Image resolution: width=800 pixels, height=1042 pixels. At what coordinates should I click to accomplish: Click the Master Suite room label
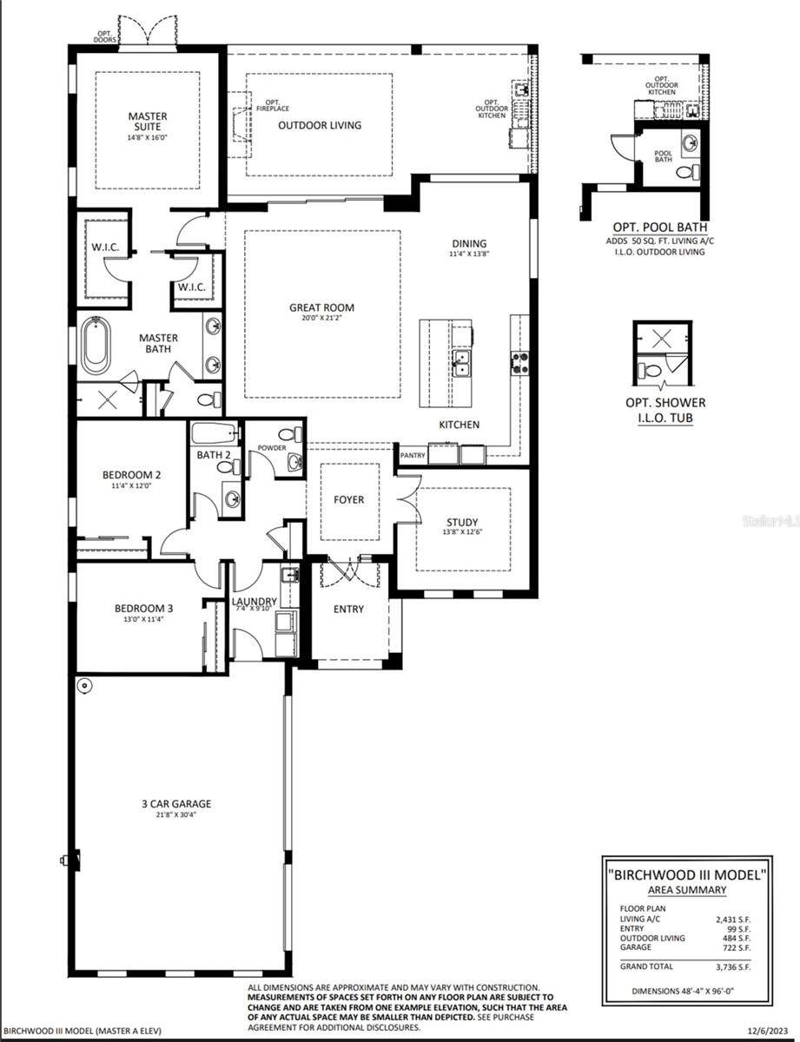(148, 122)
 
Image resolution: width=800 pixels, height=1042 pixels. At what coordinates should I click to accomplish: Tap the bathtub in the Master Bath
(100, 348)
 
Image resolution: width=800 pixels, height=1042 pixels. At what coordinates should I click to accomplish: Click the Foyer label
(348, 499)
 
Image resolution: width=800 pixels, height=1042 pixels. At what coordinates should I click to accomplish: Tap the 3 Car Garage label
(176, 804)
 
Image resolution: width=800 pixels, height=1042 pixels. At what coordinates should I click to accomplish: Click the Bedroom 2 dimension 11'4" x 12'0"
(131, 487)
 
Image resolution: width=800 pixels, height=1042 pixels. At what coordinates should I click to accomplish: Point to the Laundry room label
(254, 602)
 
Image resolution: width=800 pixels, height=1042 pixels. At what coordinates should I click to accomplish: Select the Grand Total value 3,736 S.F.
(734, 966)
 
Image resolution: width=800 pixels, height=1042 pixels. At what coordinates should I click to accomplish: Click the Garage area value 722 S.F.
(737, 948)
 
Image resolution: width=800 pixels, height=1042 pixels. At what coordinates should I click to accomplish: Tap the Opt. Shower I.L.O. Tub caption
(665, 409)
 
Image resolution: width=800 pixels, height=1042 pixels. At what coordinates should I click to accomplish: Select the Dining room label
(469, 243)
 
